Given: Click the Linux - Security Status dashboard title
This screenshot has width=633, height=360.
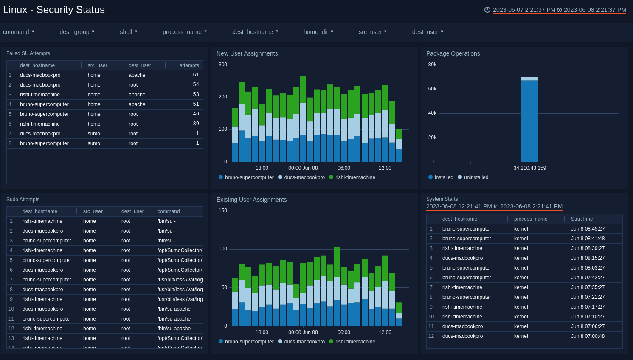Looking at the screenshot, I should [54, 10].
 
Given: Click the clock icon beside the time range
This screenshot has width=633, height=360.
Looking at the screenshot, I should [487, 10].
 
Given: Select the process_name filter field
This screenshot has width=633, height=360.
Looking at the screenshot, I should [214, 32].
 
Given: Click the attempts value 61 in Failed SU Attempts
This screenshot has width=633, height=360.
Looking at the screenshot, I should [196, 75].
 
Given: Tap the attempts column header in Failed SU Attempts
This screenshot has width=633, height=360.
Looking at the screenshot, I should [189, 65].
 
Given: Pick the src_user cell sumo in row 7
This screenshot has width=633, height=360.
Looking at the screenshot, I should [94, 134].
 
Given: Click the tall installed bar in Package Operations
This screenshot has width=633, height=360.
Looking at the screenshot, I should [529, 121].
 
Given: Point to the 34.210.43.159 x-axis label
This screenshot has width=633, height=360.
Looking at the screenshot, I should [529, 168].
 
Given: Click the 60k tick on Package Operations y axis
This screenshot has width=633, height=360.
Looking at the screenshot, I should [432, 89].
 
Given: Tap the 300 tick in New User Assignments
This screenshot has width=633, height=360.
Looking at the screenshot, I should [223, 65].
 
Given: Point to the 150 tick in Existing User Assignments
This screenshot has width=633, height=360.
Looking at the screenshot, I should [223, 211].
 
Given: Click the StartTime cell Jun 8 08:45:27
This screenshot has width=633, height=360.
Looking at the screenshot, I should [588, 229].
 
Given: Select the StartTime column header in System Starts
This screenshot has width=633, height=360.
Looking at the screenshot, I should [582, 219].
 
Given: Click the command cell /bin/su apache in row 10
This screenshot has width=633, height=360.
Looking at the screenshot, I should [174, 309].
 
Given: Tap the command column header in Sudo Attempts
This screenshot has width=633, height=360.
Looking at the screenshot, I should [169, 211].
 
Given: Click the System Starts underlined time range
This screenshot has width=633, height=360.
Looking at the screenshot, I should [494, 206].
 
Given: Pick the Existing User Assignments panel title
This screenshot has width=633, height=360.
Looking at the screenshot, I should [251, 200].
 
